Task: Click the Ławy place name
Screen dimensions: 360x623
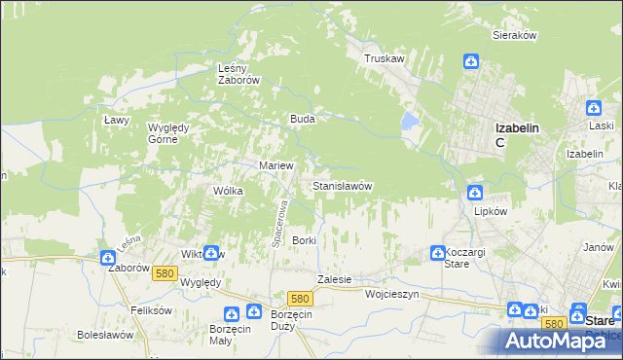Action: (117, 120)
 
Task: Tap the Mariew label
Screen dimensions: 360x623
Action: (275, 165)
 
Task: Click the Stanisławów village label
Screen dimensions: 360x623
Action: (342, 185)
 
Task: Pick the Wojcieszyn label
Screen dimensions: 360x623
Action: (391, 293)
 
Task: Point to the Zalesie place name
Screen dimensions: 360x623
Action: (334, 279)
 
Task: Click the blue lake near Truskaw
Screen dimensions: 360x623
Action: (410, 122)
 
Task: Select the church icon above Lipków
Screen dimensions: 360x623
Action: (475, 192)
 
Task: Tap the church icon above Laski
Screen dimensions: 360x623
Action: (593, 109)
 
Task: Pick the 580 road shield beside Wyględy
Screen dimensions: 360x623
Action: (164, 274)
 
